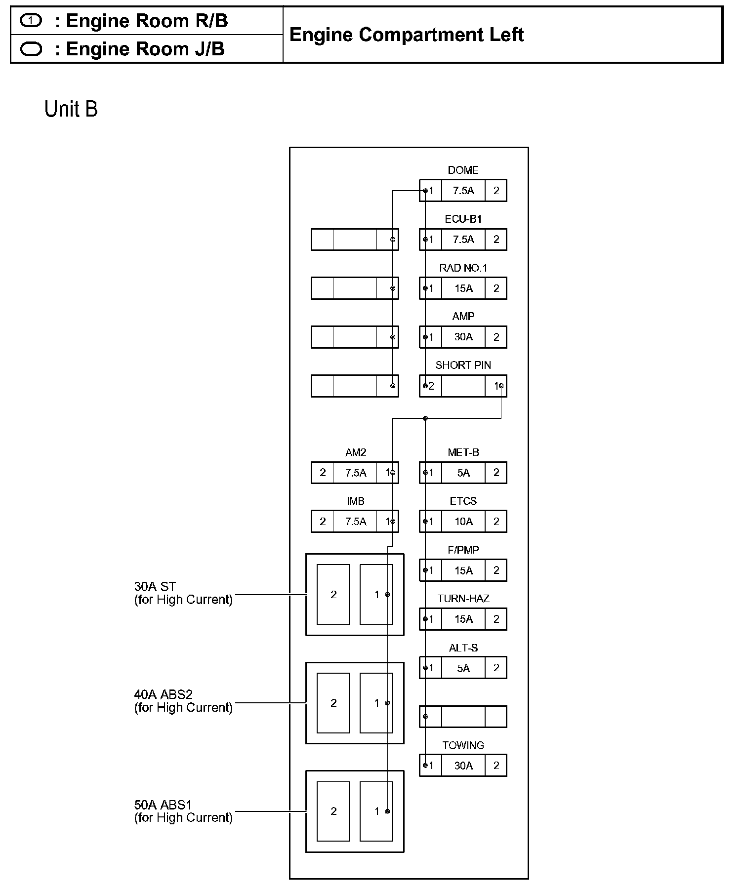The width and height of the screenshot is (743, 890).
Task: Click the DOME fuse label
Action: [x=463, y=170]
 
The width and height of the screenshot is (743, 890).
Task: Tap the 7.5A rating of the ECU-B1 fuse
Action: [x=463, y=240]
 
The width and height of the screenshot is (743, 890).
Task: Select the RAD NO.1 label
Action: [x=463, y=268]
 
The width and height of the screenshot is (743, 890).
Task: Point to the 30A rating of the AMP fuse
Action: [x=463, y=337]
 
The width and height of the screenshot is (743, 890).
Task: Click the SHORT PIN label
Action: [x=463, y=365]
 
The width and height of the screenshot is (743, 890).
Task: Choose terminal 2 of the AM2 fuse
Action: [x=323, y=473]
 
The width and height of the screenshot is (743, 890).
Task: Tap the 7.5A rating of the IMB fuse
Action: [x=356, y=522]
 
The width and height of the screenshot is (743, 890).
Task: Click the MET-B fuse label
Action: [x=463, y=452]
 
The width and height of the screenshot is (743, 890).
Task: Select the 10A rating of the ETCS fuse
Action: [x=463, y=522]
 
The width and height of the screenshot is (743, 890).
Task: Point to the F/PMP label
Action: [x=463, y=550]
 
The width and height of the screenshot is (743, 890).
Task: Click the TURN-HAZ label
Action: [x=463, y=599]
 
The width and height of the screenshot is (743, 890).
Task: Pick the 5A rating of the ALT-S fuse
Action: [x=463, y=668]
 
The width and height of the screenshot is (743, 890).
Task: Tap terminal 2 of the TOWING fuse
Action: [x=496, y=766]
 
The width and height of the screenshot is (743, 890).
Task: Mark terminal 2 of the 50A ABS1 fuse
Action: [x=333, y=811]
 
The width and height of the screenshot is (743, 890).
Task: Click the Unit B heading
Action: [x=71, y=109]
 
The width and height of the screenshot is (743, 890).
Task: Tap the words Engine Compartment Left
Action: [x=407, y=35]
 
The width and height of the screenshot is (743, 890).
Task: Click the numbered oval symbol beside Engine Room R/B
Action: [x=31, y=21]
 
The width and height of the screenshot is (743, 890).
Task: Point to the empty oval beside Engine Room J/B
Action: [x=31, y=49]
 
